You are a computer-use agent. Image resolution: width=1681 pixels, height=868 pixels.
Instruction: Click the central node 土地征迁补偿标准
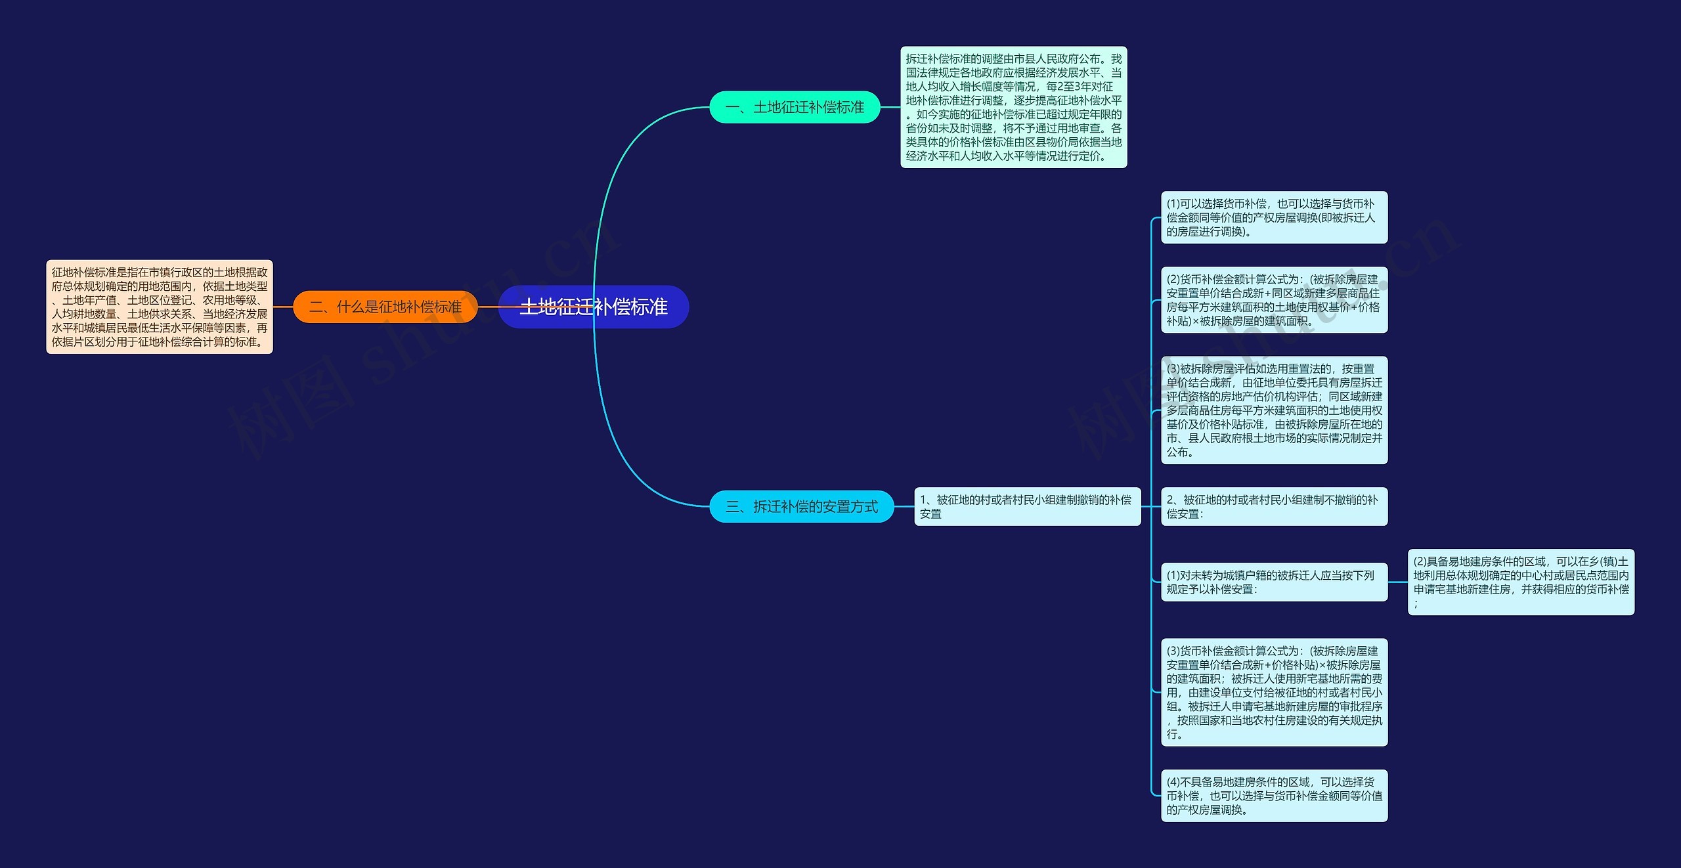[x=594, y=307]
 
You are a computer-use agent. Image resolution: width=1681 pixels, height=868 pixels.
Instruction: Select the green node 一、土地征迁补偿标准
[x=795, y=107]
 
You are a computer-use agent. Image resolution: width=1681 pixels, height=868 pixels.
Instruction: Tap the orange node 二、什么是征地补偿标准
[x=385, y=307]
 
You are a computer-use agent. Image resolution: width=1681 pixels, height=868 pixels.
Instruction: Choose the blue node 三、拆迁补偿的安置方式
[x=802, y=506]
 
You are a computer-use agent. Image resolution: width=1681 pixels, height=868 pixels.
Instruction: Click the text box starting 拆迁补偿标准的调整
[x=1014, y=107]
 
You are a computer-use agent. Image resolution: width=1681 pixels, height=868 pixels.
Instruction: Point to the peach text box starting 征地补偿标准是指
[x=160, y=307]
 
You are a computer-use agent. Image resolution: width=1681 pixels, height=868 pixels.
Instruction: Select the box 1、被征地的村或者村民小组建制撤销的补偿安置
[x=1028, y=506]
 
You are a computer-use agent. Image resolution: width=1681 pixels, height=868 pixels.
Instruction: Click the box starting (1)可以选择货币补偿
[x=1275, y=217]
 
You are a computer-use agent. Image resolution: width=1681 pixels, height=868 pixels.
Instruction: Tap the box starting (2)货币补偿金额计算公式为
[x=1275, y=300]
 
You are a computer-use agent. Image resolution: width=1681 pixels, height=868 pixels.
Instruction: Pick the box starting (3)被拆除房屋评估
[x=1275, y=410]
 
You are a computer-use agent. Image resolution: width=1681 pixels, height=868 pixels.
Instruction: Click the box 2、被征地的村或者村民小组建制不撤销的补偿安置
[x=1275, y=506]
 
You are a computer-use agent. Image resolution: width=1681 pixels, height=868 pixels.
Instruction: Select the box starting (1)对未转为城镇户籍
[x=1275, y=582]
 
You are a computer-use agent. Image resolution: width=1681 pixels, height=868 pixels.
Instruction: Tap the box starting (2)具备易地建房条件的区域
[x=1521, y=582]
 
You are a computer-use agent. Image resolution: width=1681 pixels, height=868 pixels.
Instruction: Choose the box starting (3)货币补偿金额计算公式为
[x=1275, y=692]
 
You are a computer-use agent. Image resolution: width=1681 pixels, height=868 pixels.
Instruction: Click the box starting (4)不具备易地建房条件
[x=1275, y=796]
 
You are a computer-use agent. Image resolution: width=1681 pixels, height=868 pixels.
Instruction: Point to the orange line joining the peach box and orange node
[x=283, y=307]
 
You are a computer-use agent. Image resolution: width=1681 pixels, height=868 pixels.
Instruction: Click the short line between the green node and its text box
[x=890, y=107]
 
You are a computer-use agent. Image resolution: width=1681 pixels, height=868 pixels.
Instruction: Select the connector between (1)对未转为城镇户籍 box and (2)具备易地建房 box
[x=1398, y=582]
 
